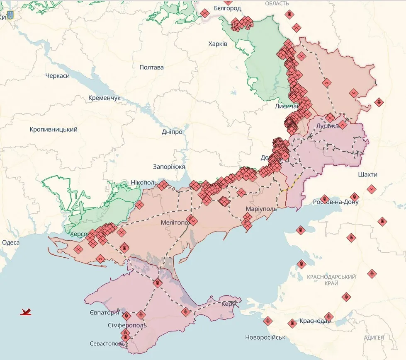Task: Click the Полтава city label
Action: pos(151,67)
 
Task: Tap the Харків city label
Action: pos(218,43)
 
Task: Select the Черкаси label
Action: pos(57,76)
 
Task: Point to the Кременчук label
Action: pos(104,98)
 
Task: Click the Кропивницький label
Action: pos(53,129)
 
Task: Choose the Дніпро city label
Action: pos(172,132)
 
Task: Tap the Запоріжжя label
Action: pos(169,167)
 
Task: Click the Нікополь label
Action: pos(144,182)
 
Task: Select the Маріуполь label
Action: pos(260,208)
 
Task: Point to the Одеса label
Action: pos(11,242)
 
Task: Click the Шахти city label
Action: pos(367,175)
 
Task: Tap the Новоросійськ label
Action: pos(265,337)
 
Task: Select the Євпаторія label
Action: pos(104,312)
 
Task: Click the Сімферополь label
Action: pos(127,325)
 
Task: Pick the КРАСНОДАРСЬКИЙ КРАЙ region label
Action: pos(331,280)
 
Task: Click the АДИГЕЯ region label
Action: pos(374,338)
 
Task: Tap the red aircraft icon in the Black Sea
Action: pos(26,312)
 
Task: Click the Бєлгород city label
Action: pos(227,8)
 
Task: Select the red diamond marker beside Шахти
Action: pos(371,189)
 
